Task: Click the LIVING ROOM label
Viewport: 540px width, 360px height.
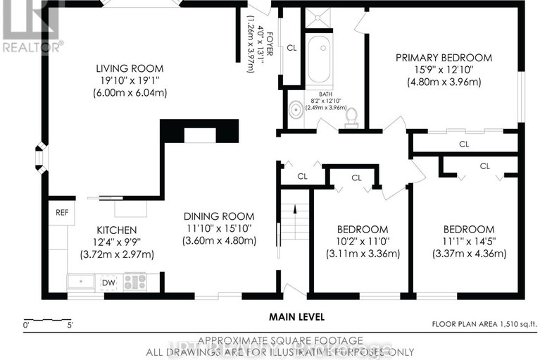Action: coord(130,68)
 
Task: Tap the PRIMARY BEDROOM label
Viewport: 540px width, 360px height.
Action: coord(443,58)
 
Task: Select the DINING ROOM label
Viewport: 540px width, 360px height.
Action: coord(219,216)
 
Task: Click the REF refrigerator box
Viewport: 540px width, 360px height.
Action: coord(61,211)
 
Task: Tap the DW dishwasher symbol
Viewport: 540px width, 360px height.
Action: coord(108,283)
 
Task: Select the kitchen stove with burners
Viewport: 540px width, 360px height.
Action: coord(134,282)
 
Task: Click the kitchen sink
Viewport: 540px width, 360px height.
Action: coord(82,283)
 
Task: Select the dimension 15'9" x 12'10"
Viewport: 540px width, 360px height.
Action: coord(443,70)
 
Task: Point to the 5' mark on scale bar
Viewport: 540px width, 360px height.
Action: coord(70,325)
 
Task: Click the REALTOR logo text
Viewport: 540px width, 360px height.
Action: coord(32,47)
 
